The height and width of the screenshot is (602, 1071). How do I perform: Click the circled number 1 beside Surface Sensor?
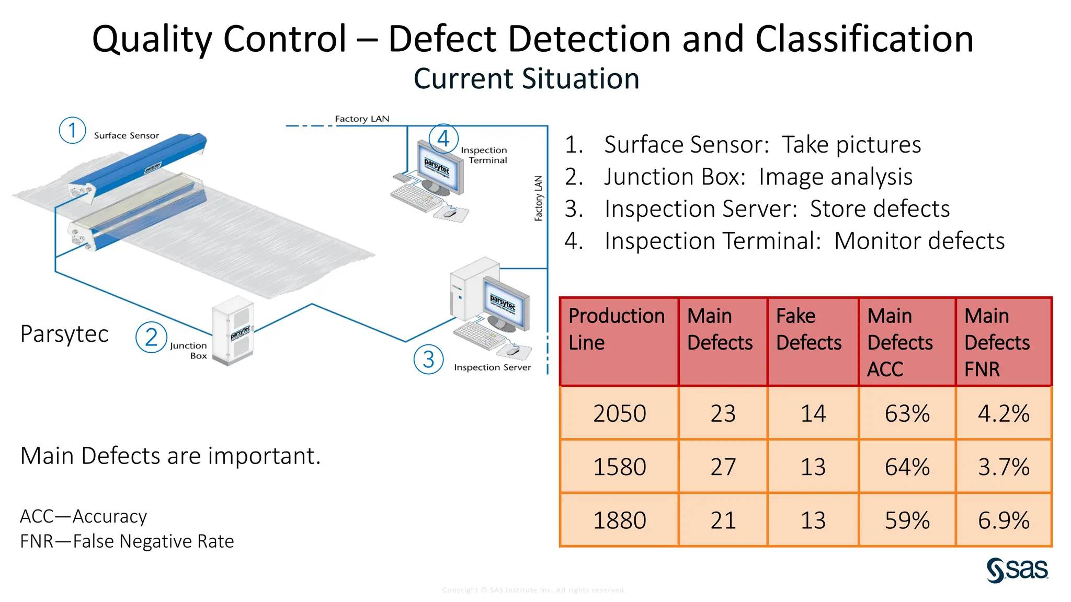(72, 130)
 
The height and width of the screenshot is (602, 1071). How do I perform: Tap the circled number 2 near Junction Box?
(151, 337)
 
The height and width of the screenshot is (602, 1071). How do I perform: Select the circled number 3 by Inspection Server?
(428, 359)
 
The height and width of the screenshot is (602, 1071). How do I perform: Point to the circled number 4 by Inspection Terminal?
(443, 138)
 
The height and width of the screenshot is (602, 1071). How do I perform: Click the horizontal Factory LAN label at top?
(362, 119)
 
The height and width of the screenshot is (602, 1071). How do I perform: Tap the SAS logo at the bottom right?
(1017, 570)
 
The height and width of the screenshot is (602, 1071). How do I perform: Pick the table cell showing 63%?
(907, 413)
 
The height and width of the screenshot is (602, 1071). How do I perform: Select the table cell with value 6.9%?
(1003, 520)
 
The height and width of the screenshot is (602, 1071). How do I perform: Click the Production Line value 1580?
(619, 467)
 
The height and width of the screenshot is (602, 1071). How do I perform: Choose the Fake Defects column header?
(808, 329)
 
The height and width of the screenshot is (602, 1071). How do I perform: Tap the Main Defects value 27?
(723, 467)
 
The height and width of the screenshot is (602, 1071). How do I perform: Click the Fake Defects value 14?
(813, 413)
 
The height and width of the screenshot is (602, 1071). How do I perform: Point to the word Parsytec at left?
(64, 333)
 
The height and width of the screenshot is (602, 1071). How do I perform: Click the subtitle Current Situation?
(526, 79)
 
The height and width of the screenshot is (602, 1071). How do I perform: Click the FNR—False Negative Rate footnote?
(127, 541)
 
